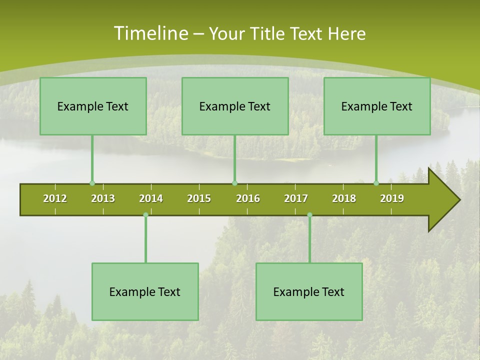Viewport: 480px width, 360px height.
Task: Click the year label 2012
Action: pos(55,198)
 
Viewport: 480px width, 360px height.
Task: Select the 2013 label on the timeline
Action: pos(103,198)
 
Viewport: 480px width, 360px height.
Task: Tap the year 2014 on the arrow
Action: pos(151,198)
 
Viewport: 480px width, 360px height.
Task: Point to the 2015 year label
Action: pos(199,198)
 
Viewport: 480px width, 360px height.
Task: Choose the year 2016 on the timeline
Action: pos(248,198)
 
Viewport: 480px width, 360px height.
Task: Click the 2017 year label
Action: pos(296,198)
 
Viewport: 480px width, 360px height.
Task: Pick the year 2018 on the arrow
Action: pos(344,198)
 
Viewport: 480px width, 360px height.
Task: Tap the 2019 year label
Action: pos(392,198)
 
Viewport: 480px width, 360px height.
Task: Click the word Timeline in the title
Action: pos(150,33)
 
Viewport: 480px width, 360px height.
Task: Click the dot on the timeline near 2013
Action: pos(92,183)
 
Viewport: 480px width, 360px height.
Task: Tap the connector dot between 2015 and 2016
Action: pos(234,183)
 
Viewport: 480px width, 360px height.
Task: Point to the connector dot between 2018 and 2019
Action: pos(376,183)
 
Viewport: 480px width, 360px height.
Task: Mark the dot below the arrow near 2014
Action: pos(145,215)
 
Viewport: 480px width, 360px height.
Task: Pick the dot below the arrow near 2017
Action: pos(309,215)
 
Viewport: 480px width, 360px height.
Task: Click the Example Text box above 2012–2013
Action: pos(93,106)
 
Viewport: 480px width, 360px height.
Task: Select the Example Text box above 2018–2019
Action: pos(377,106)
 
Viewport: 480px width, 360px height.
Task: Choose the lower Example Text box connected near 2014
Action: pos(145,291)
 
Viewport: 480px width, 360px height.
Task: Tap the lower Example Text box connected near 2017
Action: pos(309,291)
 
